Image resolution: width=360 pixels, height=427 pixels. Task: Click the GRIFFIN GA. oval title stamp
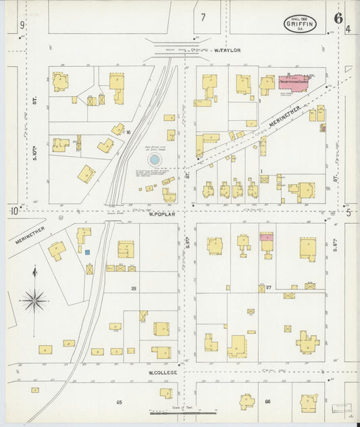click(301, 25)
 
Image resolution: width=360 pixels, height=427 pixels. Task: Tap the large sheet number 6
click(337, 18)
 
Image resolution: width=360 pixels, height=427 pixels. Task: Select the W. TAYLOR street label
click(226, 50)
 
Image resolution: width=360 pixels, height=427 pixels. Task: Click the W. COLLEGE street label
click(163, 372)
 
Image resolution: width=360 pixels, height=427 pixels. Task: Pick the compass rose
click(34, 298)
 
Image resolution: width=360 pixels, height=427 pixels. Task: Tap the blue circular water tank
click(155, 159)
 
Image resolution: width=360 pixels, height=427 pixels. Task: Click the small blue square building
click(87, 252)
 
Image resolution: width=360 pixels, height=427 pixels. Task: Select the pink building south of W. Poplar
click(267, 237)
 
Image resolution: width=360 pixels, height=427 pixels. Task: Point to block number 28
click(134, 288)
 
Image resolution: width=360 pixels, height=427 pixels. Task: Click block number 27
click(268, 288)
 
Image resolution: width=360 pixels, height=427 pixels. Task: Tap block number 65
click(119, 402)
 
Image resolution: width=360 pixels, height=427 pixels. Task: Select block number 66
click(267, 402)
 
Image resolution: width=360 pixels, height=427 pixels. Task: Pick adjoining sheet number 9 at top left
click(22, 26)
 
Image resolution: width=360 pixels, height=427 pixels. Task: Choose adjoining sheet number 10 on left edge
click(14, 212)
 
